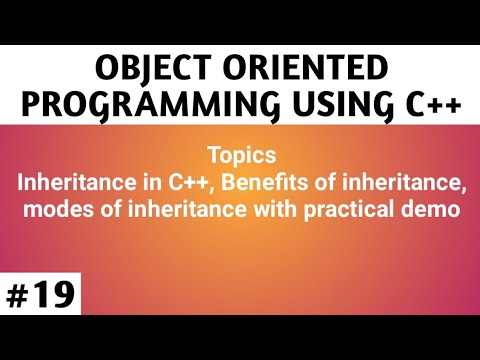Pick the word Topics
point(239,156)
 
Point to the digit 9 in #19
point(61,297)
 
